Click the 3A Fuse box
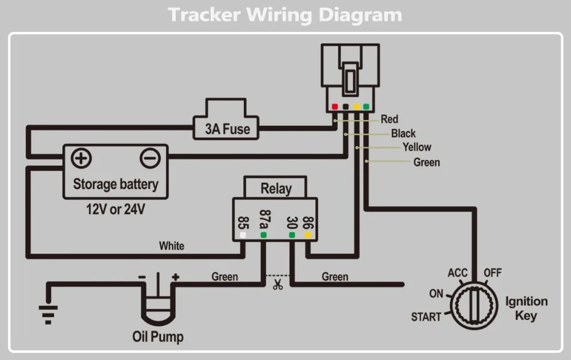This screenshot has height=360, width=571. click(x=228, y=129)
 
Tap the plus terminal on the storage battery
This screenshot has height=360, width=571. click(x=82, y=158)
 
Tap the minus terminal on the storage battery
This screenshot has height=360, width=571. click(x=150, y=158)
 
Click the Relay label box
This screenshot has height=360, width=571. click(x=276, y=188)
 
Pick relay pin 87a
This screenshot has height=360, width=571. click(x=264, y=220)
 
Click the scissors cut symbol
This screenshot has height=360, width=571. click(x=278, y=285)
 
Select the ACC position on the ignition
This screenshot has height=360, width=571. click(x=457, y=273)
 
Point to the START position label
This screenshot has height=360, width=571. click(x=426, y=317)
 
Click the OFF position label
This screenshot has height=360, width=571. click(x=493, y=273)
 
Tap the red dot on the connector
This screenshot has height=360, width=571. click(x=335, y=106)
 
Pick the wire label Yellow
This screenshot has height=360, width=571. click(x=417, y=147)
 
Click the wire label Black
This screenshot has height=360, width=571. click(x=403, y=134)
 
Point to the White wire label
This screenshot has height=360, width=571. click(x=171, y=246)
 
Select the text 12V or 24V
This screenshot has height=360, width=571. click(x=115, y=209)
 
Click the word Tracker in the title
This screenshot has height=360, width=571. click(x=204, y=15)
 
